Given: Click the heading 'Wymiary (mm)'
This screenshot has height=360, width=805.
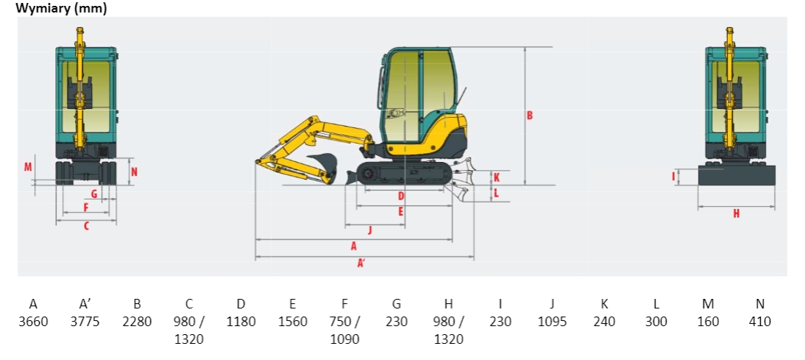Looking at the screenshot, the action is (62, 8).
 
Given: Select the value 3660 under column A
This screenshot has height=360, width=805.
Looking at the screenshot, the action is (33, 322).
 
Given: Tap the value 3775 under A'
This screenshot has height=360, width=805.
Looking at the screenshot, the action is (85, 322).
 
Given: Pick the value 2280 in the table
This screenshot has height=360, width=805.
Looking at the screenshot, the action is (137, 322).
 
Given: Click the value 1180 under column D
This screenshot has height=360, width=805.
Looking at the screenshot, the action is (241, 322).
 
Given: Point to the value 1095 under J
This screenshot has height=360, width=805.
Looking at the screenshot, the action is (553, 322).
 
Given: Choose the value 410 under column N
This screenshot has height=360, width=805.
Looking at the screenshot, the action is (760, 322).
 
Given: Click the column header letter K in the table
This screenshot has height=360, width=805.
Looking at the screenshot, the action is (604, 304).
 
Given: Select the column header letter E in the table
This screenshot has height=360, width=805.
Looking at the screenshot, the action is (293, 304).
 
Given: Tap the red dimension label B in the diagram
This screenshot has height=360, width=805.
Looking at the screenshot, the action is (529, 116).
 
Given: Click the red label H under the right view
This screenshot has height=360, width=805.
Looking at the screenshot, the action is (737, 213).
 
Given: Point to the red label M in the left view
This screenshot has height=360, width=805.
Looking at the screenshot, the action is (28, 167).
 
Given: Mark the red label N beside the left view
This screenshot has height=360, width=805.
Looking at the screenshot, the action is (134, 172).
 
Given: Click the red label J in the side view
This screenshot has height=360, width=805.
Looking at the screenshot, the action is (369, 230).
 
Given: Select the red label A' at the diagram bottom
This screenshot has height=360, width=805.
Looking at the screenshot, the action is (361, 264).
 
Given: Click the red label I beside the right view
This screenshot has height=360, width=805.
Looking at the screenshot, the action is (673, 177).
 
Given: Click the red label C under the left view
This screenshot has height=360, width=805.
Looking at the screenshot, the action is (86, 225).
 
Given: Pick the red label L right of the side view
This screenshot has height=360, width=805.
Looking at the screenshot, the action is (497, 194).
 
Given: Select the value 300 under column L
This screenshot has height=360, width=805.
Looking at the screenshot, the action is (656, 322).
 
